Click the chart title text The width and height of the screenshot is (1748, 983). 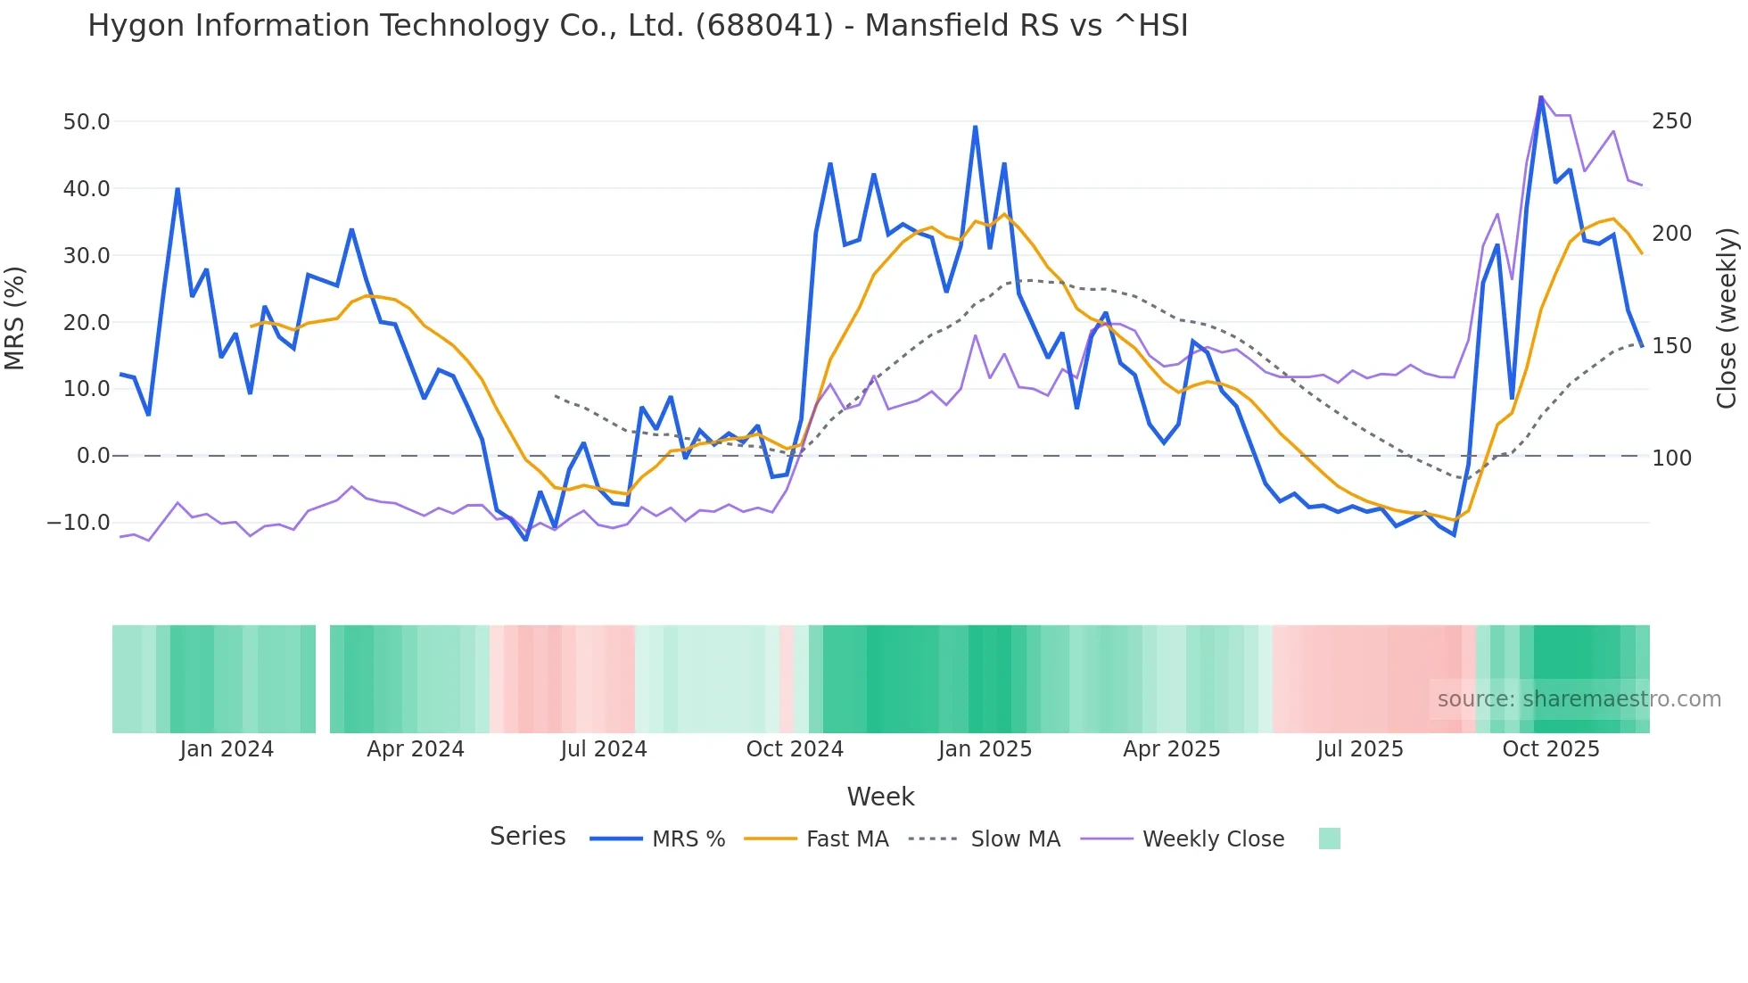(x=638, y=26)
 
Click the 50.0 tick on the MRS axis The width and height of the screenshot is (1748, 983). (x=87, y=121)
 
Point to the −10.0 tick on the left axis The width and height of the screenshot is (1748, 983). (x=78, y=523)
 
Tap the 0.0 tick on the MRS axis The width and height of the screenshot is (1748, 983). (x=93, y=456)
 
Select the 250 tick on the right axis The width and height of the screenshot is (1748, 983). (x=1671, y=121)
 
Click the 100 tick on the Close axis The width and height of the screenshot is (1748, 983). (x=1671, y=458)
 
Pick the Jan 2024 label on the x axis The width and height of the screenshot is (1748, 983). (x=227, y=749)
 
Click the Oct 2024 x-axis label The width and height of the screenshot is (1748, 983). (x=795, y=749)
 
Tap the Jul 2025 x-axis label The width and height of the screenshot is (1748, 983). (x=1360, y=749)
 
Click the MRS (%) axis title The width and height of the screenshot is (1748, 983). (x=15, y=318)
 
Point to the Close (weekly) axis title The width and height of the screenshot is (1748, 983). (x=1727, y=318)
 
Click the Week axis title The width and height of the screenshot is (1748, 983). (x=880, y=797)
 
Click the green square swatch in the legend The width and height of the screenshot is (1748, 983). (x=1329, y=838)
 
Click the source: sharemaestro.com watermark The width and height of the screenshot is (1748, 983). (x=1579, y=699)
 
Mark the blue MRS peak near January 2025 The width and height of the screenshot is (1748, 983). (x=975, y=128)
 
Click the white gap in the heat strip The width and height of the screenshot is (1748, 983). (x=323, y=679)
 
